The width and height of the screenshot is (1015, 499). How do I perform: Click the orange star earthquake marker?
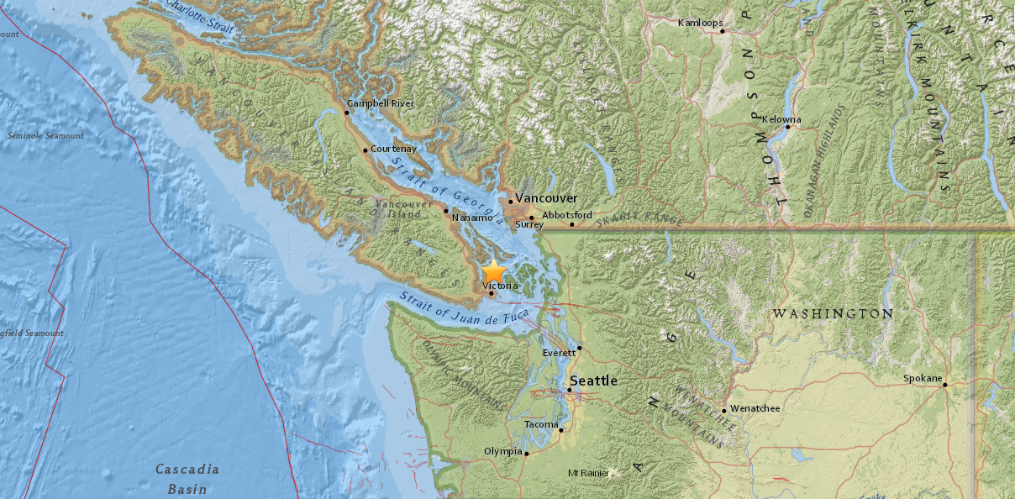tap(494, 272)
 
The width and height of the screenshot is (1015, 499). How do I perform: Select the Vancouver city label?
tap(546, 197)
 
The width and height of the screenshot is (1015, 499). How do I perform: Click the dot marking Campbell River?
tap(347, 112)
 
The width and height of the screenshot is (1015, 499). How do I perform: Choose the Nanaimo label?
tap(471, 218)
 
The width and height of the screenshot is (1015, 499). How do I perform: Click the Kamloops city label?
tap(700, 23)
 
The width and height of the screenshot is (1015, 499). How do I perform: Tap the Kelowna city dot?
tap(787, 128)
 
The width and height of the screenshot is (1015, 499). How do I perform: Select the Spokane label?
tap(922, 378)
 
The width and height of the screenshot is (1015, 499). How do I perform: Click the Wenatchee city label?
tap(755, 408)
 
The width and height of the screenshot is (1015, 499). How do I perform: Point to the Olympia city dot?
tap(526, 454)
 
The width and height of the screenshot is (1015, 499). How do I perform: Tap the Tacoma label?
tap(540, 424)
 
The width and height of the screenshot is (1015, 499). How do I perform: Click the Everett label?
tap(560, 353)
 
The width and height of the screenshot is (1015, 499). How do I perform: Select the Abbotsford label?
tap(566, 215)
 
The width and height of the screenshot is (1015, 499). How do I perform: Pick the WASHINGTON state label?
tap(833, 313)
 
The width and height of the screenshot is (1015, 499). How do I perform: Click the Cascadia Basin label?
tap(187, 478)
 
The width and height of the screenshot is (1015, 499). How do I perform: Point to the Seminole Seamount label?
tap(45, 136)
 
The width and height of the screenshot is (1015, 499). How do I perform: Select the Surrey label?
tap(529, 224)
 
